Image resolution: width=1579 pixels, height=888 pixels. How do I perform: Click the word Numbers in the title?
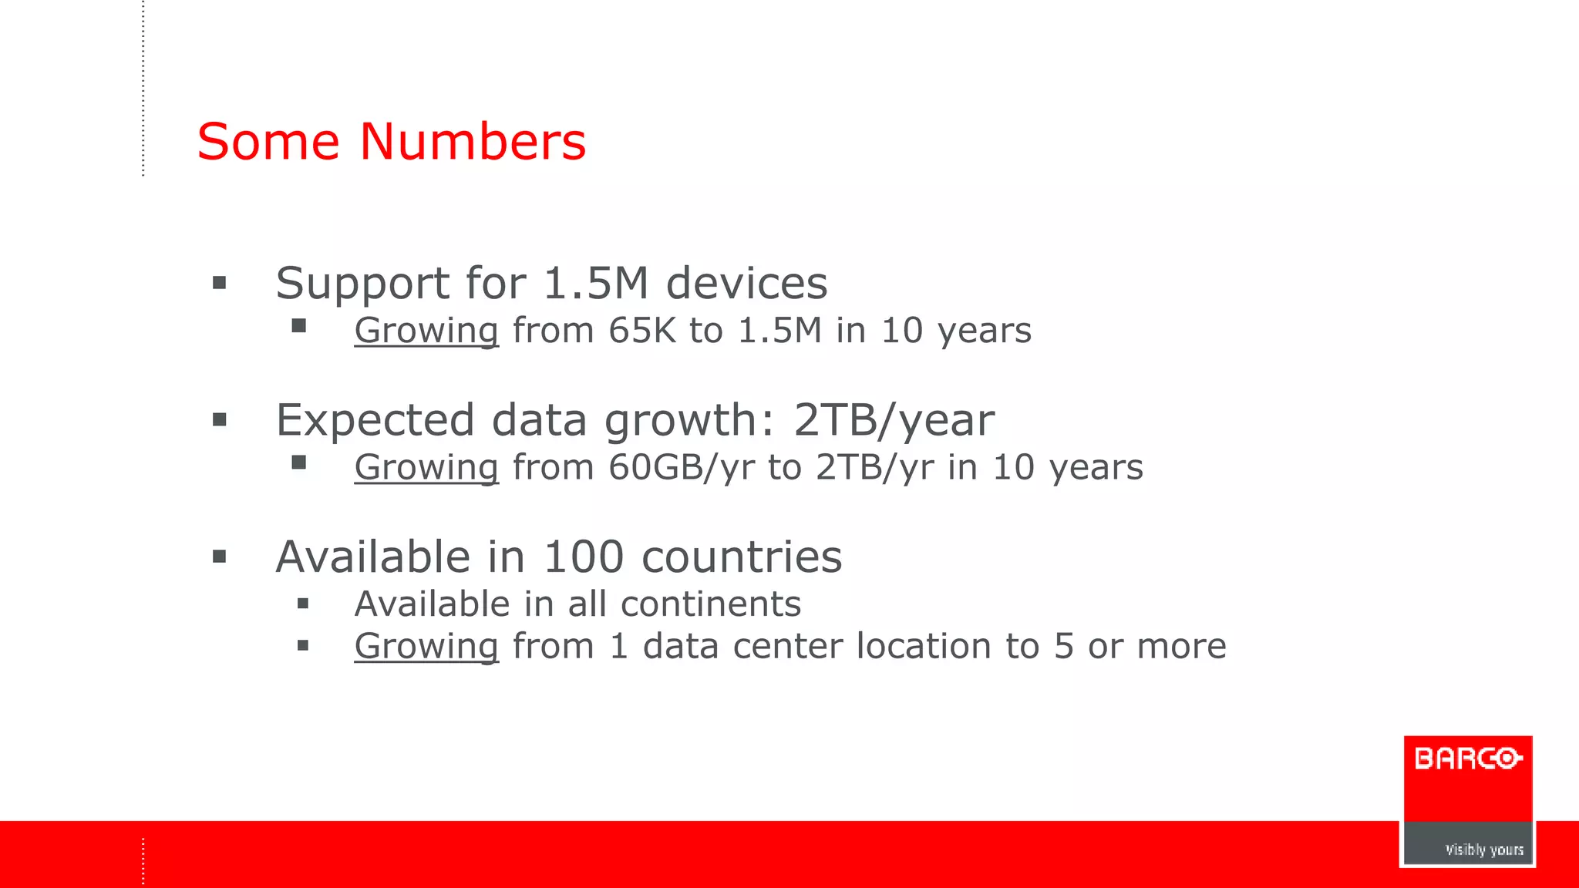tap(473, 142)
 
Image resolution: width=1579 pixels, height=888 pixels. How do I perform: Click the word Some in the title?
tap(268, 142)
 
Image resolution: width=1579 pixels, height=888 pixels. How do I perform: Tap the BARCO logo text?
tap(1468, 759)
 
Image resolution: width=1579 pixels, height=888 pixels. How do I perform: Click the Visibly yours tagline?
tap(1484, 849)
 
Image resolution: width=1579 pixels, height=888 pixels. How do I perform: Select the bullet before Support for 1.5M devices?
tap(220, 283)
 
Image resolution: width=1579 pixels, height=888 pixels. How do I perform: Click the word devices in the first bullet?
tap(746, 283)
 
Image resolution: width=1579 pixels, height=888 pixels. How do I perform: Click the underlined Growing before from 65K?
tap(426, 331)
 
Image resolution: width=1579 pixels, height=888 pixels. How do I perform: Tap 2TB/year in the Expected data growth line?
tap(894, 421)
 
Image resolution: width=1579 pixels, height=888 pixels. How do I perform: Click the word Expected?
tap(375, 421)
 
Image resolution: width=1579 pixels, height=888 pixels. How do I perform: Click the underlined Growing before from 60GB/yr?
tap(426, 468)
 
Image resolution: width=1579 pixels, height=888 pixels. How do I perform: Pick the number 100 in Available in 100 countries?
tap(584, 557)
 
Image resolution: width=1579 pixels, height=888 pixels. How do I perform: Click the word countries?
tap(742, 557)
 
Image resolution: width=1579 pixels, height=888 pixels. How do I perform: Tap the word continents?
tap(711, 604)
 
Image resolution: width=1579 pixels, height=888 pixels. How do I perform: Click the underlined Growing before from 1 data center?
tap(426, 646)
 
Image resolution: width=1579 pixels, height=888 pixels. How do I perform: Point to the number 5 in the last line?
tap(1064, 646)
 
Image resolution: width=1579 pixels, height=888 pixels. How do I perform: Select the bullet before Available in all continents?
tap(303, 604)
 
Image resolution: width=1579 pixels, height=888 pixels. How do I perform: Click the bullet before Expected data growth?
tap(220, 420)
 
